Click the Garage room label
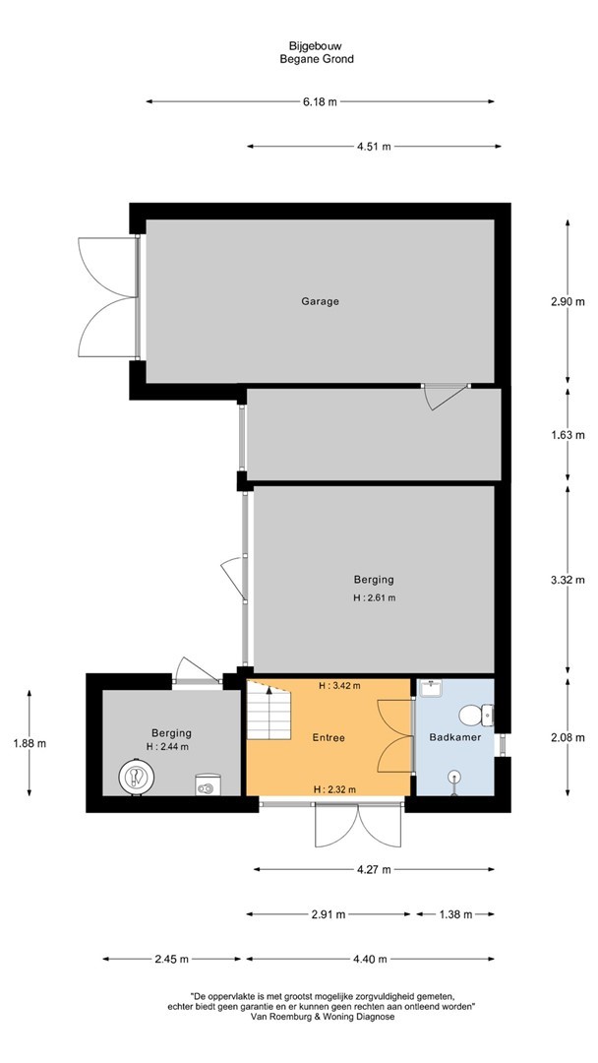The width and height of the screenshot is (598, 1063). [x=320, y=301]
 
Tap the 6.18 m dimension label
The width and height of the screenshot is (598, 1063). [x=320, y=101]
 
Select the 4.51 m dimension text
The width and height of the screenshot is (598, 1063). [x=374, y=147]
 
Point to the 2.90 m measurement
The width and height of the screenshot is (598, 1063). [x=568, y=302]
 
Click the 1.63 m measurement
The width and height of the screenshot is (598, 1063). [x=568, y=435]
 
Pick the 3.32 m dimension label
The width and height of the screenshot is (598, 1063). [x=568, y=580]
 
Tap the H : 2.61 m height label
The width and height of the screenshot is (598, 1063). [x=374, y=598]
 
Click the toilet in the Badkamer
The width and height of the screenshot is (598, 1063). [x=475, y=715]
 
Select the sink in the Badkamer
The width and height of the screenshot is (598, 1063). [x=431, y=689]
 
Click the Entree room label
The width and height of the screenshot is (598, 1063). [x=329, y=737]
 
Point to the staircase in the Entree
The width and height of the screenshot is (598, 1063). [x=269, y=711]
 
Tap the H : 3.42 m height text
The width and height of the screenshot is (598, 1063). [x=339, y=685]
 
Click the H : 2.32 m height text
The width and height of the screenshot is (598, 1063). [x=334, y=789]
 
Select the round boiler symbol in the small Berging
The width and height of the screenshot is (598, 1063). [x=136, y=777]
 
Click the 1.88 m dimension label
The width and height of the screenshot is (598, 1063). [x=30, y=743]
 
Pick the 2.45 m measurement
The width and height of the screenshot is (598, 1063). [x=172, y=959]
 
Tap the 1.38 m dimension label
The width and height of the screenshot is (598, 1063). [x=455, y=913]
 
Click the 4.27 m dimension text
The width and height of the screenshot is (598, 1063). [x=374, y=870]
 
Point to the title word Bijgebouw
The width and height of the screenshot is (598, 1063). [x=317, y=46]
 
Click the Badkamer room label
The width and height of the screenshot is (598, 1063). [x=455, y=737]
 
